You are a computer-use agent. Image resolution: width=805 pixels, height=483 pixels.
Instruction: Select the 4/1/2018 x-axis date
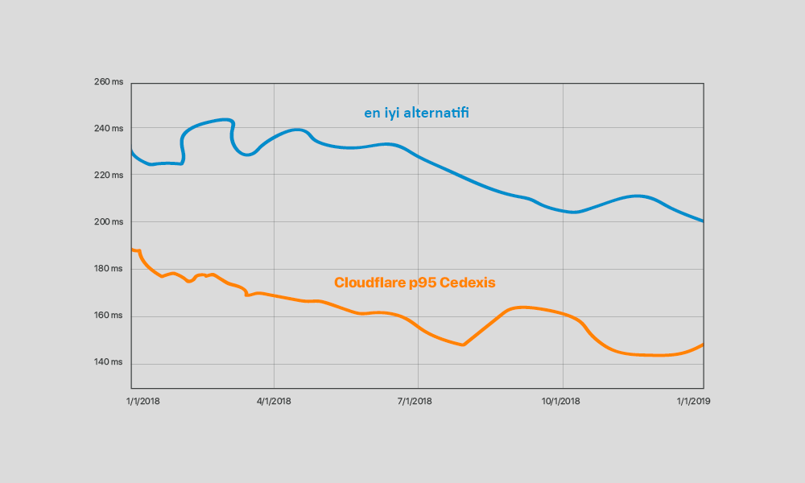tap(274, 401)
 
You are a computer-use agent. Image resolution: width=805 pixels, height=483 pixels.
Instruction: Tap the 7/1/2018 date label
tap(418, 401)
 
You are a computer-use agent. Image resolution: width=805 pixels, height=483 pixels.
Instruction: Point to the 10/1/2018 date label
tap(561, 401)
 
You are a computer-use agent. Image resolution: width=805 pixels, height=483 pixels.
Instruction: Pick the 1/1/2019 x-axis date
tap(693, 401)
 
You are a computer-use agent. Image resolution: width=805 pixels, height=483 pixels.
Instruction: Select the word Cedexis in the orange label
tap(468, 283)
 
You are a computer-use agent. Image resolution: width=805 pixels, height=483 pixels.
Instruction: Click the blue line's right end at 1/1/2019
tap(704, 221)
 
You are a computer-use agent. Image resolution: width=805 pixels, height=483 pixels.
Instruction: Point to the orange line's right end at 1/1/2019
tap(704, 345)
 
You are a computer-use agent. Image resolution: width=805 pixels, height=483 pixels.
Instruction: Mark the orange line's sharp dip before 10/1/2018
tap(464, 345)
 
